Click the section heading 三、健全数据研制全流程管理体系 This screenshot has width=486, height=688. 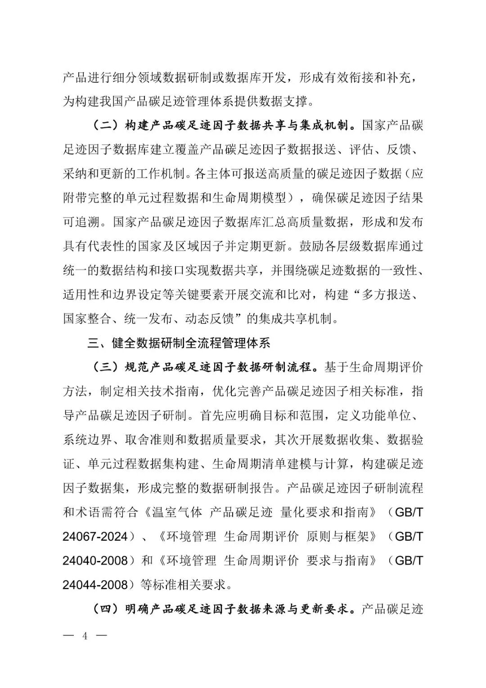click(179, 343)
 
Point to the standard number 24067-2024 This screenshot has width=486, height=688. click(95, 537)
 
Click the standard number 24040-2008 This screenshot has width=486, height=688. click(95, 561)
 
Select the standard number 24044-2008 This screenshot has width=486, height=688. click(95, 585)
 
